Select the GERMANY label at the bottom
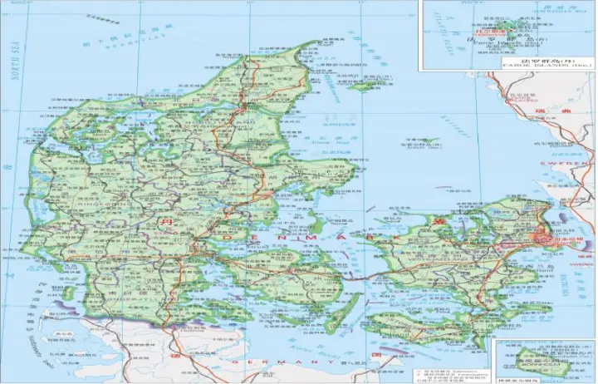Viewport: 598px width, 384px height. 274,363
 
